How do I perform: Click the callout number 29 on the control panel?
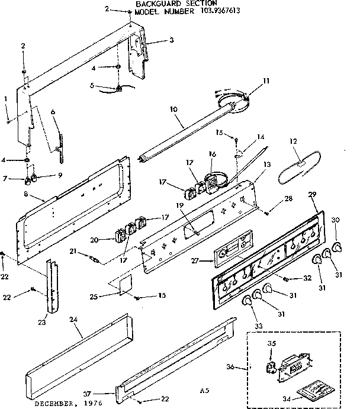point(313,195)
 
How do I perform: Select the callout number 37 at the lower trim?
point(104,392)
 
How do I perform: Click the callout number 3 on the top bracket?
point(171,41)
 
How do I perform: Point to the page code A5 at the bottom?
point(205,391)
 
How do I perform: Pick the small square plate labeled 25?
point(123,284)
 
